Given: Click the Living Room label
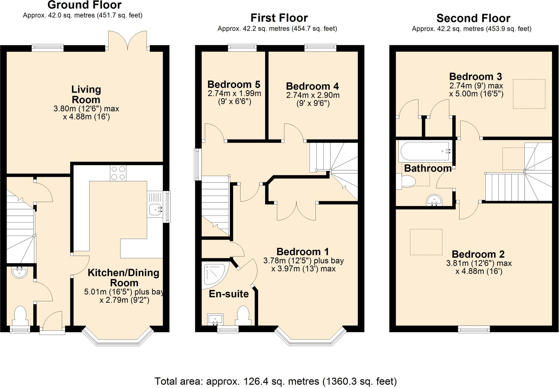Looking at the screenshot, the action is [x=86, y=94].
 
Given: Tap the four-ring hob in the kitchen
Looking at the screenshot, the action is [x=118, y=173].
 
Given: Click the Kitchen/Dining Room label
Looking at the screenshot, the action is [x=124, y=278].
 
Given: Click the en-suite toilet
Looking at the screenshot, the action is [x=243, y=316].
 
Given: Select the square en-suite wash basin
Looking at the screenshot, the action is [x=215, y=320].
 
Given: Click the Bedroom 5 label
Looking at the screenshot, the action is [x=234, y=84].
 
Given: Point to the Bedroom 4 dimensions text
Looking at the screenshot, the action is [x=313, y=99].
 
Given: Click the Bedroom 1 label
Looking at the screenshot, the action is [x=302, y=252].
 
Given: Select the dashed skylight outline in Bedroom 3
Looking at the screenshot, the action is [x=529, y=94].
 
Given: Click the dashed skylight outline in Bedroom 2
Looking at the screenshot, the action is [x=426, y=242].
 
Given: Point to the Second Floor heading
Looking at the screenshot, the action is [x=473, y=18].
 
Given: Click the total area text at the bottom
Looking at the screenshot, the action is [x=276, y=381].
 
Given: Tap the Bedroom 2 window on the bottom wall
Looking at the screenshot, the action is [x=474, y=329].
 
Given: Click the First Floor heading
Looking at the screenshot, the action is [x=279, y=18].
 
